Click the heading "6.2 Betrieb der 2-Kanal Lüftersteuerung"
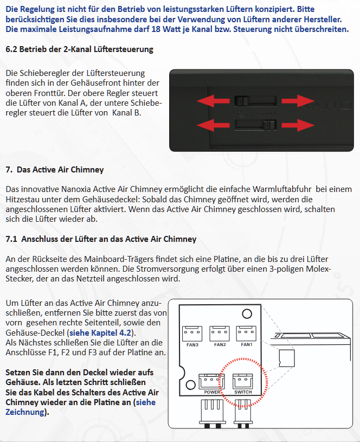click(x=80, y=49)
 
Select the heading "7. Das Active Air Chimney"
click(x=55, y=170)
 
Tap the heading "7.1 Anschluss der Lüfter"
click(x=101, y=239)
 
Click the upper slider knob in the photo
click(x=241, y=101)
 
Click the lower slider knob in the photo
click(x=269, y=125)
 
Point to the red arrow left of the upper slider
click(x=213, y=101)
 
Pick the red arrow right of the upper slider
click(x=298, y=101)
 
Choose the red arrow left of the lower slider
click(x=213, y=125)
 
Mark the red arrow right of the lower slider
click(x=298, y=125)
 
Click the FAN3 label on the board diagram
click(x=192, y=345)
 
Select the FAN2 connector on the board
click(x=220, y=334)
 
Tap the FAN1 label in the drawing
click(x=247, y=344)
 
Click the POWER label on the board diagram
click(x=212, y=392)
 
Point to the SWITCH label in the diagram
click(x=243, y=392)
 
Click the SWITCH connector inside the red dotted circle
click(x=243, y=381)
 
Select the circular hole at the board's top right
click(x=247, y=314)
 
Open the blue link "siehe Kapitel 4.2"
click(x=100, y=332)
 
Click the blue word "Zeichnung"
click(x=25, y=412)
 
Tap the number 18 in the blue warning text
click(x=156, y=29)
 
